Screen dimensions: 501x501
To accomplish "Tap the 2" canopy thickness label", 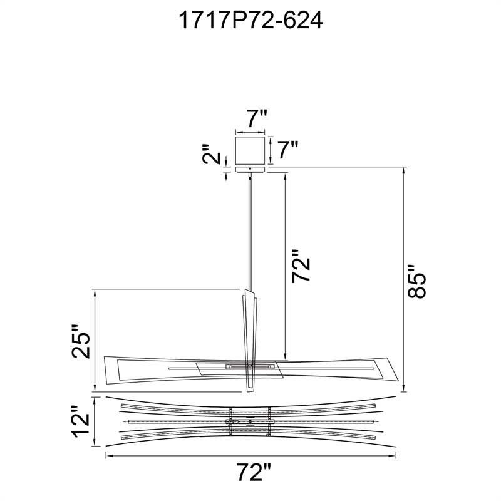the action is [x=212, y=154].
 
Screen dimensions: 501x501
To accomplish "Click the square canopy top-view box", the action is [x=250, y=150].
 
